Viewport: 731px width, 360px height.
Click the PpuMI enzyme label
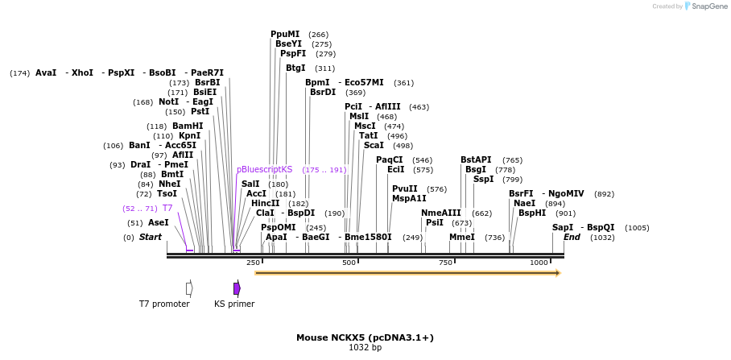click(285, 35)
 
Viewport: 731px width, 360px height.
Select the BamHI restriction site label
click(188, 126)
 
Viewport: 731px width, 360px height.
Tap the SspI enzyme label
click(483, 180)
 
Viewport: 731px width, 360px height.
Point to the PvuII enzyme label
click(405, 188)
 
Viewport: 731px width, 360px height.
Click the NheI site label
click(170, 184)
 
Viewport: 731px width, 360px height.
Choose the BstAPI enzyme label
click(476, 160)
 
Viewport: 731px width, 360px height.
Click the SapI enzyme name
click(563, 227)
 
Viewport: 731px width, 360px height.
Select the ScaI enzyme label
click(374, 146)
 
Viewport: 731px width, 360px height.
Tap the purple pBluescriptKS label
click(264, 170)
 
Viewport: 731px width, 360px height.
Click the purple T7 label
click(167, 208)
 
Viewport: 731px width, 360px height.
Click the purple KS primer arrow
click(237, 288)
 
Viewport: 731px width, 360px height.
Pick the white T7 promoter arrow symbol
click(189, 288)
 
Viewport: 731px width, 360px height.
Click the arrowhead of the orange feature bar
click(557, 273)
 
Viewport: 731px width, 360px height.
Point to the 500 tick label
click(349, 263)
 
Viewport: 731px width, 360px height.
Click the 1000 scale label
click(539, 263)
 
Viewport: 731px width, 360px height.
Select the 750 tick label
click(445, 263)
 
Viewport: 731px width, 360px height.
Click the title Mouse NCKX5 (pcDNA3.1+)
click(365, 337)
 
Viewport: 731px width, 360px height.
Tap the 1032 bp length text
click(365, 348)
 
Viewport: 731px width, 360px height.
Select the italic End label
click(572, 238)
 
